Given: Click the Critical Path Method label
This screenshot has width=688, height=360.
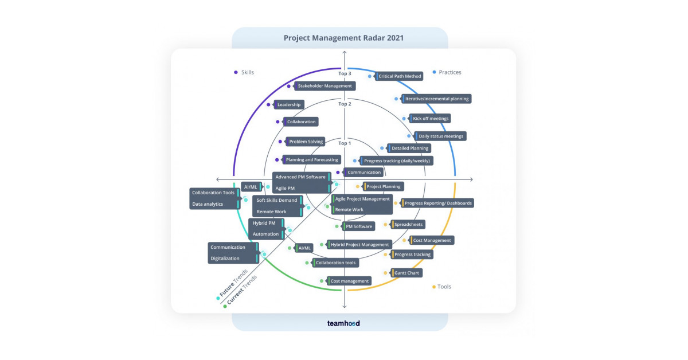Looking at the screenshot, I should point(400,76).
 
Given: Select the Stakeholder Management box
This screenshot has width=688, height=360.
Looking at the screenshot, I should point(325,86).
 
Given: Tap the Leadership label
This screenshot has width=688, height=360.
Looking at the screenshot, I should point(288,105).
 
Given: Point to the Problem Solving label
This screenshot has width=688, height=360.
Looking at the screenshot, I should point(306,142).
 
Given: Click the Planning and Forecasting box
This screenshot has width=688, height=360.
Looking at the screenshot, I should point(312,160).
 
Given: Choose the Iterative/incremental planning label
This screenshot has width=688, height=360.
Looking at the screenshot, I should point(436,99).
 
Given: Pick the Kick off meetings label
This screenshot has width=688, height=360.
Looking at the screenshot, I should point(430,119).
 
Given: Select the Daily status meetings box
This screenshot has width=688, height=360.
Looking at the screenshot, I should point(441,136).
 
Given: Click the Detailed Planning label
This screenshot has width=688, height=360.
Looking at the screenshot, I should point(409,148).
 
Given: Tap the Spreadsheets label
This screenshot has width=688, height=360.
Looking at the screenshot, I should point(408,225).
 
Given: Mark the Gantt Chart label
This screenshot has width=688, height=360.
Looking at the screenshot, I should point(406,273).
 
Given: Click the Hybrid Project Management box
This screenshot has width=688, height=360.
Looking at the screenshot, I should point(359,245).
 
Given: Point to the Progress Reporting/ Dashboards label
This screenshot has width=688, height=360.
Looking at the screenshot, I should point(438,203).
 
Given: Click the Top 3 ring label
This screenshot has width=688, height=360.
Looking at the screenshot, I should point(345,73).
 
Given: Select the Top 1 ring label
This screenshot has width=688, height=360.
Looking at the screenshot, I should point(345,143).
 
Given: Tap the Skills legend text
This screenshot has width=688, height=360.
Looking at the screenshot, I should point(247,72).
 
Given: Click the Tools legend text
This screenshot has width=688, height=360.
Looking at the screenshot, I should point(444,287).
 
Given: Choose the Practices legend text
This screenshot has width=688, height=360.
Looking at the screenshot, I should point(450,72).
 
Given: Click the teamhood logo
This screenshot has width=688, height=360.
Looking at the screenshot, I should point(343,323).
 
